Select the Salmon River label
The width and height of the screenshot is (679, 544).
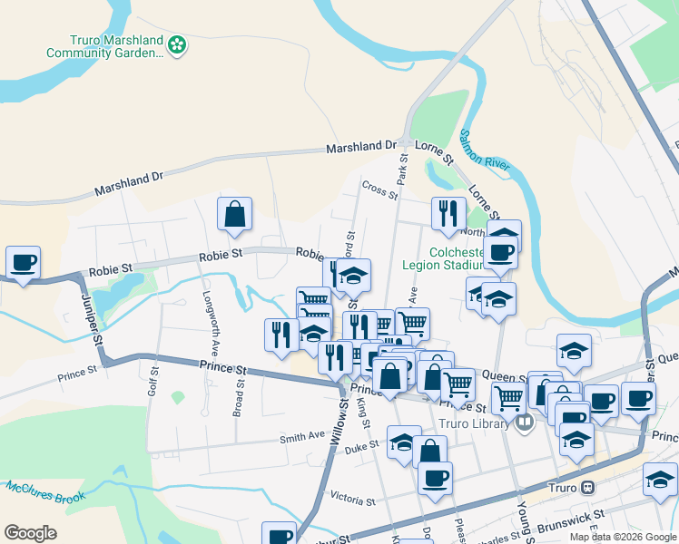(x=485, y=151)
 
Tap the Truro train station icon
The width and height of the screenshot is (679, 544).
(x=588, y=487)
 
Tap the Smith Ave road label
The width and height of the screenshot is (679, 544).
(x=302, y=436)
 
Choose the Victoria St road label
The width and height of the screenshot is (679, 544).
(x=353, y=500)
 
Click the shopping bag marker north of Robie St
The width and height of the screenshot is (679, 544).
(x=234, y=214)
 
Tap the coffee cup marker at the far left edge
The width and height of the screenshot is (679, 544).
(x=23, y=263)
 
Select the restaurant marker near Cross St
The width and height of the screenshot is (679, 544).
(x=448, y=214)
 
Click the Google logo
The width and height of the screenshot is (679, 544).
(x=30, y=533)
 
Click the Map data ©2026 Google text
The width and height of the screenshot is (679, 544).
(x=622, y=537)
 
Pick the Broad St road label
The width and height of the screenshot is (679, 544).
(x=239, y=395)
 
